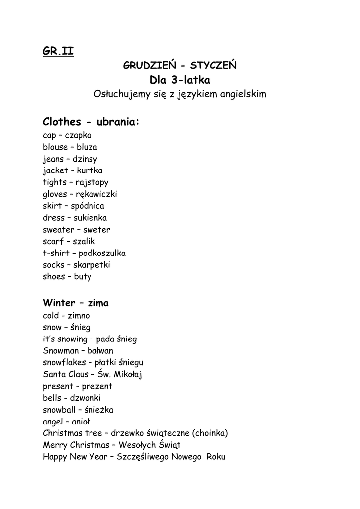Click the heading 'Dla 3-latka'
pyautogui.click(x=180, y=80)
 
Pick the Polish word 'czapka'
pyautogui.click(x=78, y=135)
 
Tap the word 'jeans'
pyautogui.click(x=53, y=159)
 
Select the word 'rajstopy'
pyautogui.click(x=92, y=182)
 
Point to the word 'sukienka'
pyautogui.click(x=90, y=218)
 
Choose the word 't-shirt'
pyautogui.click(x=55, y=253)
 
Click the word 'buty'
pyautogui.click(x=83, y=277)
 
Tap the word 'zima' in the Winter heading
pyautogui.click(x=98, y=303)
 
